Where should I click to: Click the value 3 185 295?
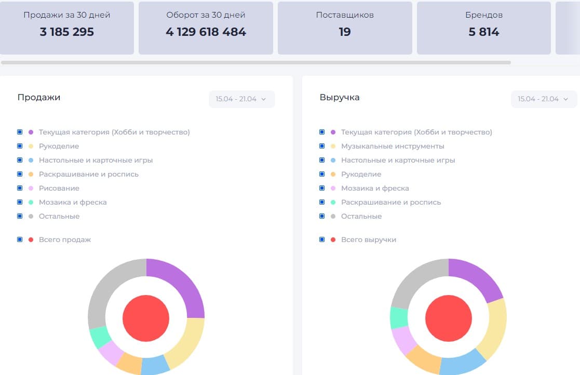(x=67, y=32)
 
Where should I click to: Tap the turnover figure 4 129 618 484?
(x=206, y=32)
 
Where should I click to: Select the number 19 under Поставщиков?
(x=345, y=32)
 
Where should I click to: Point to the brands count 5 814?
(x=484, y=32)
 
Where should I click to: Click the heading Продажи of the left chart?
(x=39, y=97)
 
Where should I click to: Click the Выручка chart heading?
(x=340, y=97)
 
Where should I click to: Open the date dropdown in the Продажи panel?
(x=241, y=99)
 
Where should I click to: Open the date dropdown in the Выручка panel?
(x=544, y=99)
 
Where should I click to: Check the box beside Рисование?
(x=20, y=188)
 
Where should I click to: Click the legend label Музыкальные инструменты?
(x=393, y=146)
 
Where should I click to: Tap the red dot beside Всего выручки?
(x=333, y=239)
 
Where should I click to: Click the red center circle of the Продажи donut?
(x=146, y=318)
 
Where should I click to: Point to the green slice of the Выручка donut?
(x=399, y=317)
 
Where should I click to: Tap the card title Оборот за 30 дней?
(x=206, y=15)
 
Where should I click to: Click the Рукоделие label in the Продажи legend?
(x=59, y=146)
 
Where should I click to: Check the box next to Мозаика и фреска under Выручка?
(x=322, y=188)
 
